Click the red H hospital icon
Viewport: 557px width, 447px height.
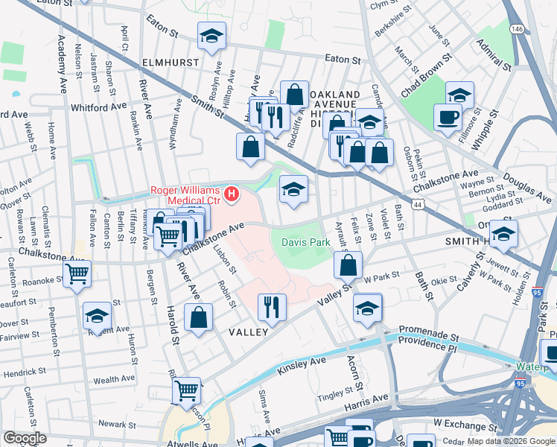(x=232, y=194)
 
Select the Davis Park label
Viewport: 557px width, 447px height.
(x=305, y=242)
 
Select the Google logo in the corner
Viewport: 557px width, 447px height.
(x=25, y=438)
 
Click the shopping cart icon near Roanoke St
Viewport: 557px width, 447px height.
(x=77, y=274)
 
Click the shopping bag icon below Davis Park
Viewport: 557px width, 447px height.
(x=347, y=264)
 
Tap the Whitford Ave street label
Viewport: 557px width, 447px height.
(x=99, y=107)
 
